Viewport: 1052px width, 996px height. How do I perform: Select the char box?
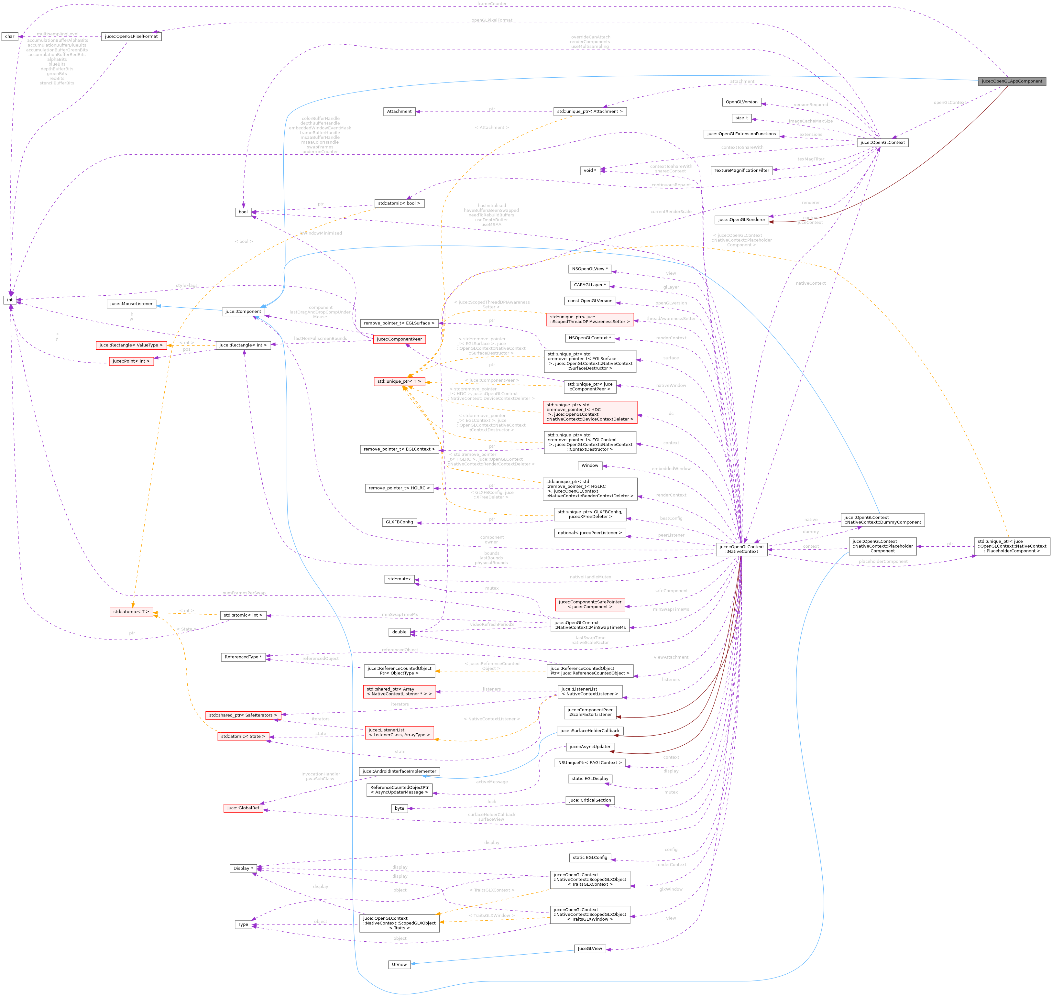pyautogui.click(x=10, y=37)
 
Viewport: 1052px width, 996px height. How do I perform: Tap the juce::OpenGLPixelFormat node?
pyautogui.click(x=131, y=37)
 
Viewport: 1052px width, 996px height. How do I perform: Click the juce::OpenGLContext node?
pyautogui.click(x=882, y=143)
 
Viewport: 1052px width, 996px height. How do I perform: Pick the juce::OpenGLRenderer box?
pyautogui.click(x=741, y=220)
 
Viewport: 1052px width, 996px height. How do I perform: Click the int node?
pyautogui.click(x=10, y=300)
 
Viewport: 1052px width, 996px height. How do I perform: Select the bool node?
pyautogui.click(x=243, y=212)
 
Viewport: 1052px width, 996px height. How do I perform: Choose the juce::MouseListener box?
pyautogui.click(x=131, y=304)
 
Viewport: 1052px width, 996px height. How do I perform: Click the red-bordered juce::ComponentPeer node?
pyautogui.click(x=399, y=339)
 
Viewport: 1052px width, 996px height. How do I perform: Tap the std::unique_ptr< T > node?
pyautogui.click(x=399, y=381)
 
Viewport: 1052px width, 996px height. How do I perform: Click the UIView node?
pyautogui.click(x=399, y=965)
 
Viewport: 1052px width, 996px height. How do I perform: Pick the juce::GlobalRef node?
pyautogui.click(x=243, y=808)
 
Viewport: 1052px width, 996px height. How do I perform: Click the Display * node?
pyautogui.click(x=243, y=869)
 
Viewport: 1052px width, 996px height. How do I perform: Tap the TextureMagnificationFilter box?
pyautogui.click(x=741, y=170)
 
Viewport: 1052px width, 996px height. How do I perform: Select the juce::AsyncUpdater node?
pyautogui.click(x=589, y=747)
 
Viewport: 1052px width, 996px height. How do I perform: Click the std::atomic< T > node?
pyautogui.click(x=131, y=612)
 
